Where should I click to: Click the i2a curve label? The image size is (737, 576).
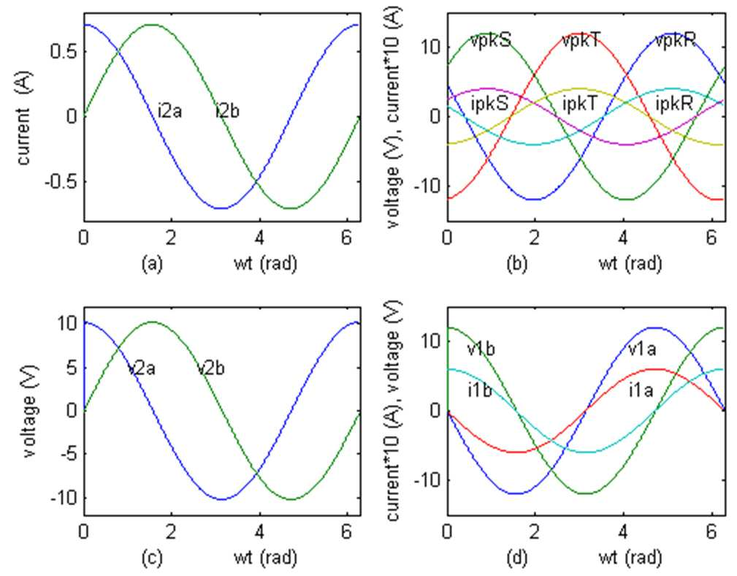point(169,111)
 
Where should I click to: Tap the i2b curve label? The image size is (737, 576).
point(227,111)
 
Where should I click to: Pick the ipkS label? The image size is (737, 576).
point(489,104)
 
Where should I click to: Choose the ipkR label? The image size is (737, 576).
point(674,104)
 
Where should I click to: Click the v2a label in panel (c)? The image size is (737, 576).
point(142,368)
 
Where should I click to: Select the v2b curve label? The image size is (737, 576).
point(210,368)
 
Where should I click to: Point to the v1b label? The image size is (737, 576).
point(481,349)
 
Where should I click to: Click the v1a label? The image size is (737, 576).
point(642,349)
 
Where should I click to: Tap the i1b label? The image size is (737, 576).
point(479,390)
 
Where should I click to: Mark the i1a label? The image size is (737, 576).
point(641,390)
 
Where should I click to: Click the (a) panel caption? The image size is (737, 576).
point(152,264)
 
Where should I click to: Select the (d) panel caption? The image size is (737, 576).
point(516,558)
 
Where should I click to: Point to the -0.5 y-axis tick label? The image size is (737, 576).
point(61,181)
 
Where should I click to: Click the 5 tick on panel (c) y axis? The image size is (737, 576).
point(72,367)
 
